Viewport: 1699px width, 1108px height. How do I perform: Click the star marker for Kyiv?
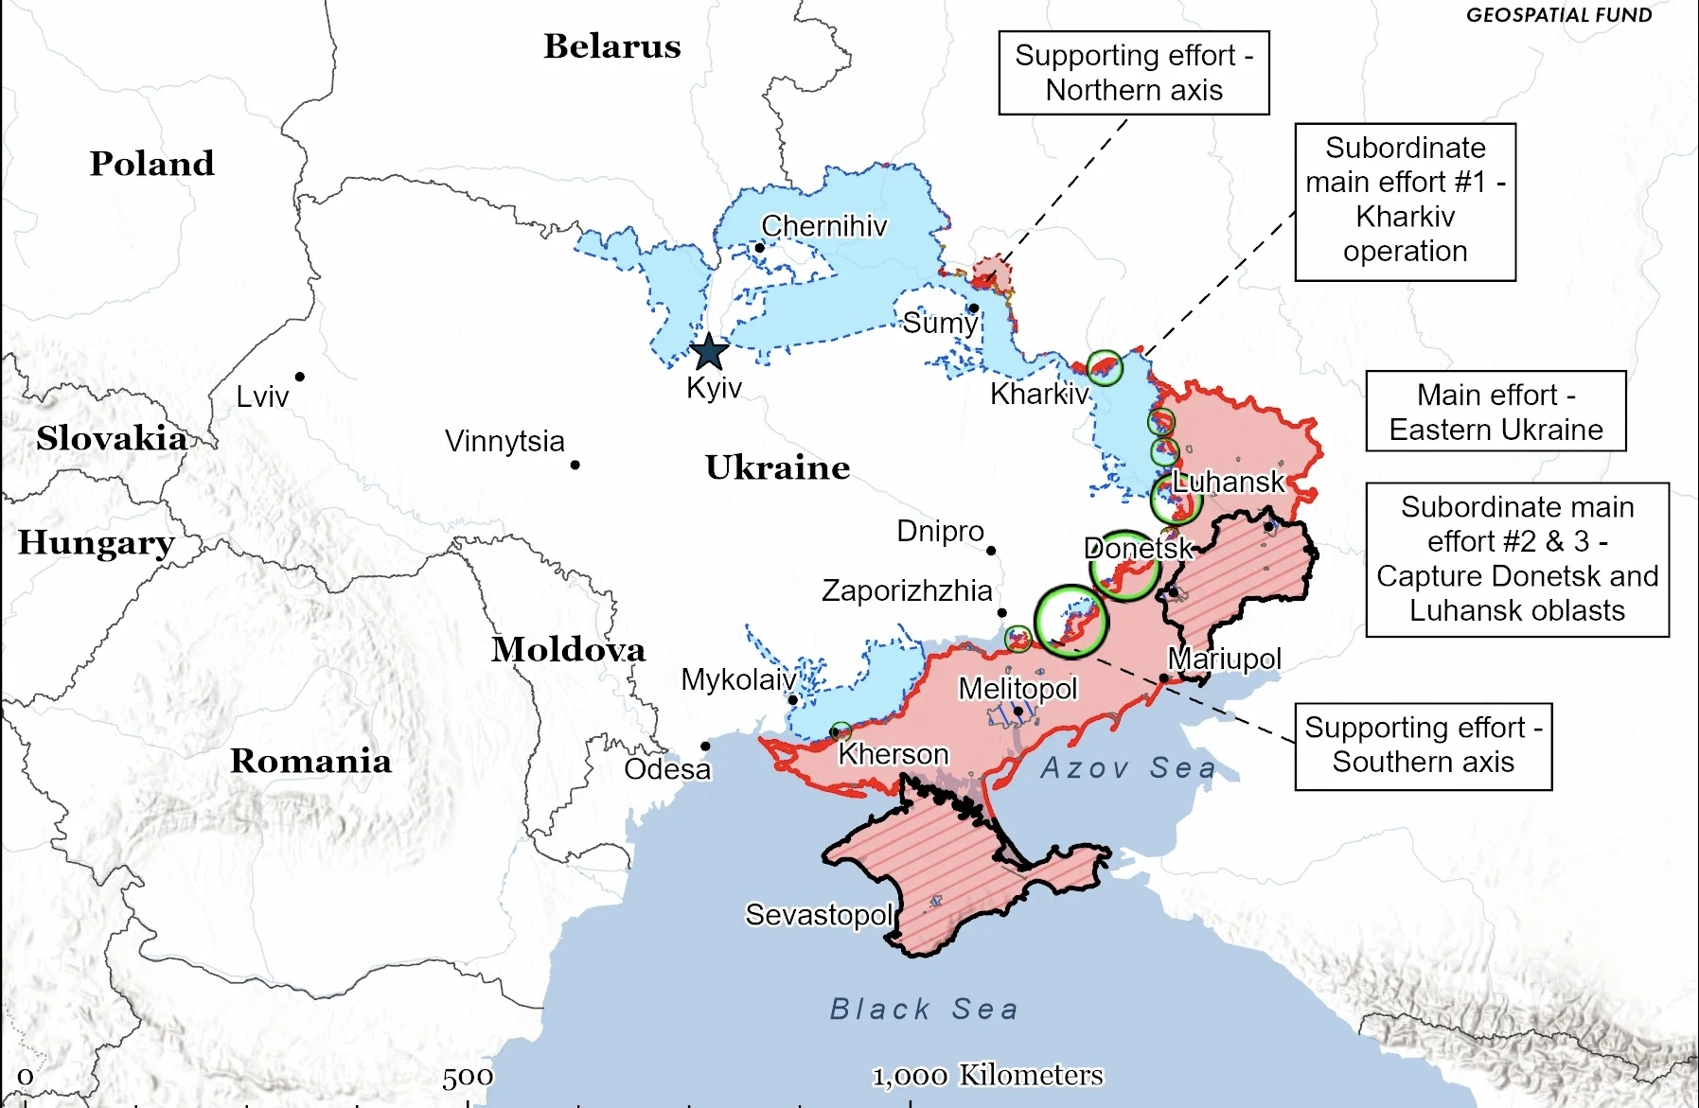tap(709, 352)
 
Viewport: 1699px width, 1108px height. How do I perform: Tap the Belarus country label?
tap(611, 46)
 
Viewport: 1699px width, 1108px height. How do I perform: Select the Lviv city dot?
tap(299, 377)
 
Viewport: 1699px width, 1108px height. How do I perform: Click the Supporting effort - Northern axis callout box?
tap(1133, 73)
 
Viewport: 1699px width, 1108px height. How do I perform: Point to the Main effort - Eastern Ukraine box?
tap(1495, 412)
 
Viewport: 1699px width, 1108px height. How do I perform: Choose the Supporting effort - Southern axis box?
tap(1423, 746)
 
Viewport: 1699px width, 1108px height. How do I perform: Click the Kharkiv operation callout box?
tap(1405, 202)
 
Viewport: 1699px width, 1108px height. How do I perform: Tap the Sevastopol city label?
tap(819, 915)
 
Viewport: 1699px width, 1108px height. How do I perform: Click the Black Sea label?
tap(924, 1009)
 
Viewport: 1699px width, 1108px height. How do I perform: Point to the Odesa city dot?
tap(705, 747)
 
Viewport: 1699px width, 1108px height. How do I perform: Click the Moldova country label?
tap(568, 649)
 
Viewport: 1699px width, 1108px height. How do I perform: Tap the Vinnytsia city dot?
tap(575, 465)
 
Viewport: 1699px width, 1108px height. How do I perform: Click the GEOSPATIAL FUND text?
tap(1558, 14)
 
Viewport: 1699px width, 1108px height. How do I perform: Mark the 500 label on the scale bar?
tap(468, 1076)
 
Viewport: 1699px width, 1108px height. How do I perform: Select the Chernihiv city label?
tap(823, 226)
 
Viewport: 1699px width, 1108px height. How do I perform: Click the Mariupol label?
tap(1224, 659)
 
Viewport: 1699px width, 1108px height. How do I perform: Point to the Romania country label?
tap(310, 761)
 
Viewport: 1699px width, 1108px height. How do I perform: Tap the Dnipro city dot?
tap(991, 551)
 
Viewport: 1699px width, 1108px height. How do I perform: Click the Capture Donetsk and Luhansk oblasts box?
tap(1516, 559)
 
